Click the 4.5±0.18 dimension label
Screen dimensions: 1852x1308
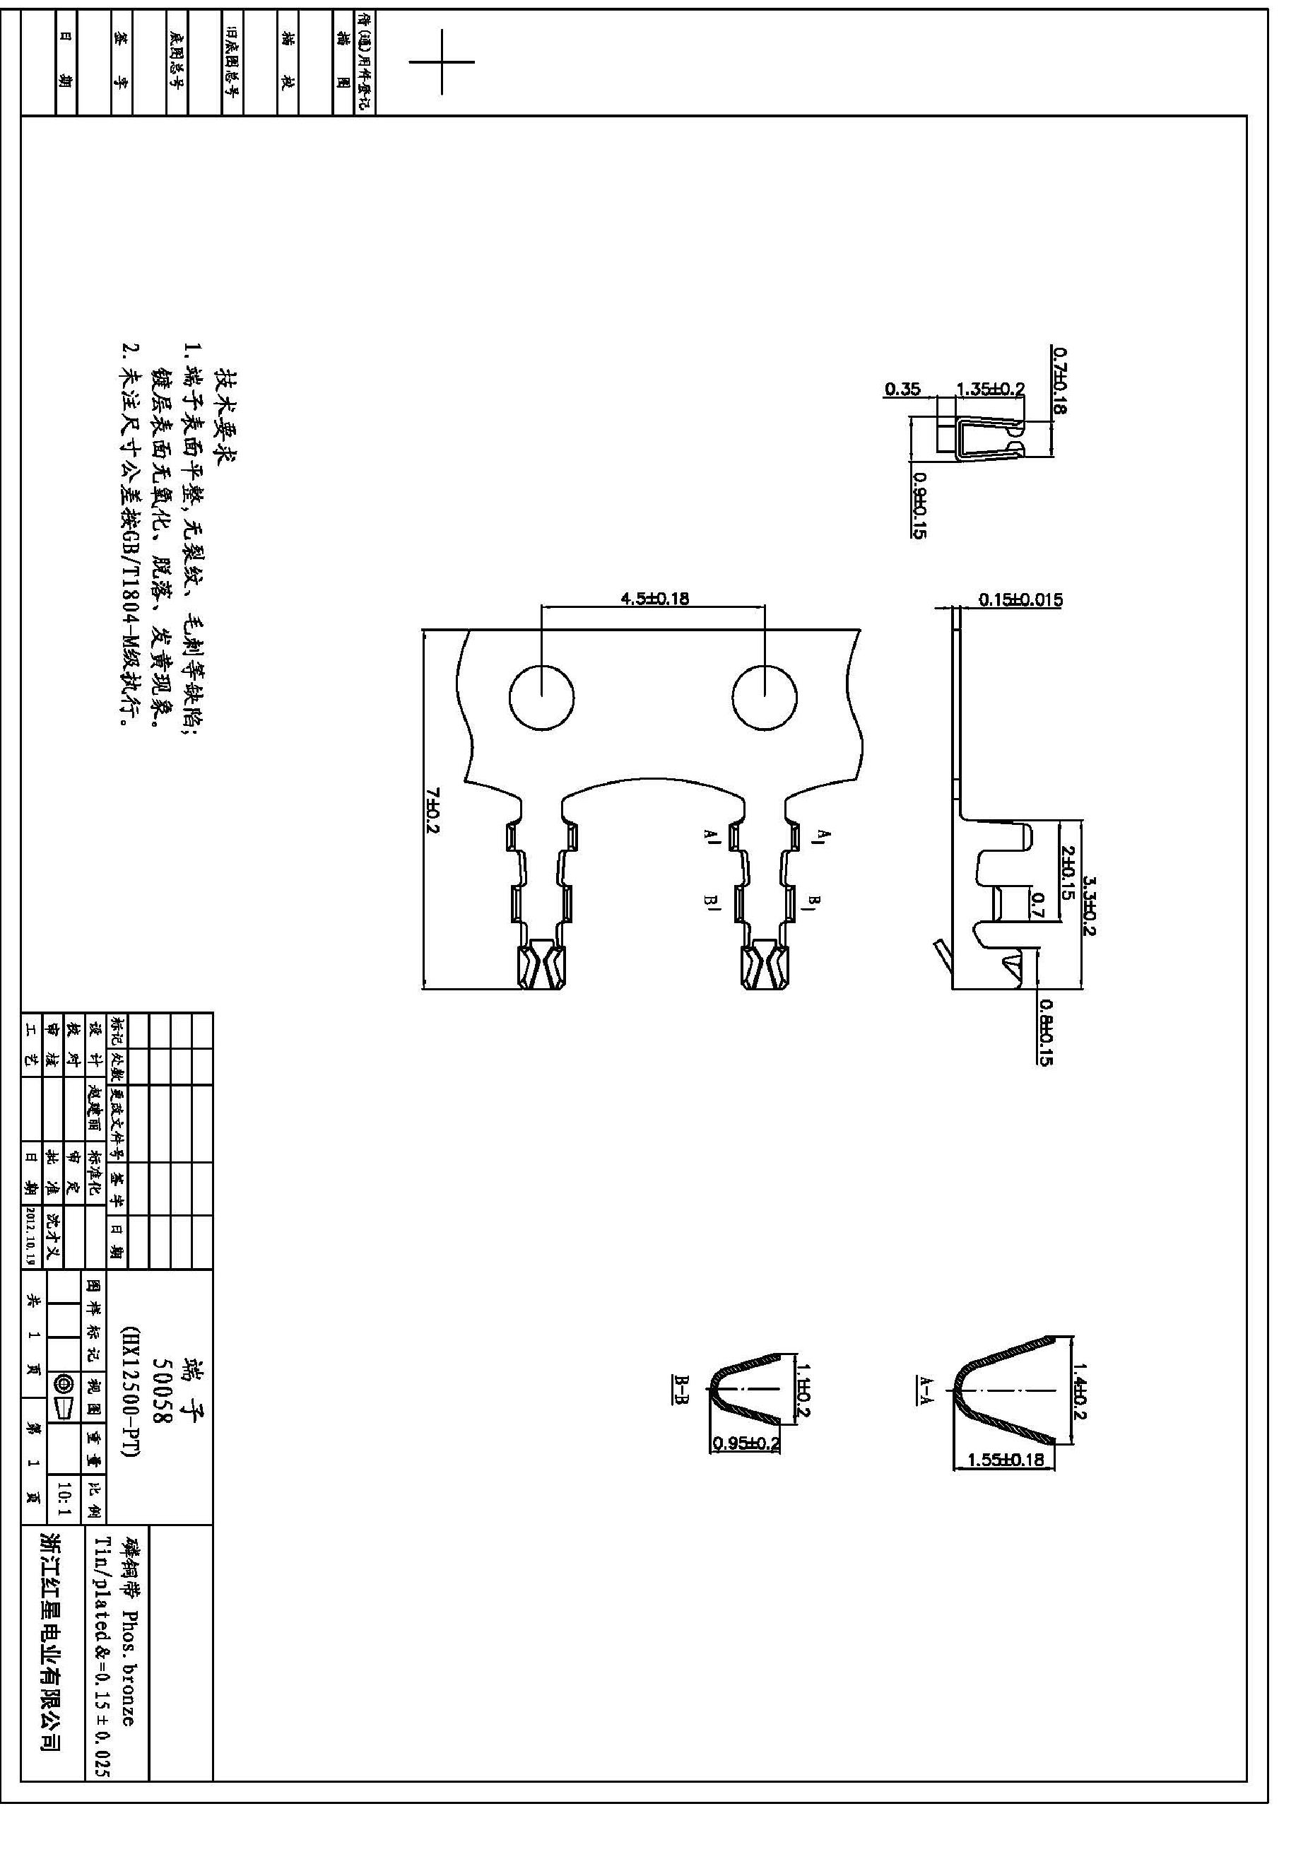tap(654, 599)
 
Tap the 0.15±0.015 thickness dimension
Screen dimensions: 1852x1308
tap(1020, 600)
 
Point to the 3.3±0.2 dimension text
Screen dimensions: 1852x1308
tap(1089, 907)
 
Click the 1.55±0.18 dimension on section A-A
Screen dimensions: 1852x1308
tap(1006, 1459)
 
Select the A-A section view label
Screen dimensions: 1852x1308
tap(924, 1390)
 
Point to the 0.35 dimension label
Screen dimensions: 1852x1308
tap(902, 389)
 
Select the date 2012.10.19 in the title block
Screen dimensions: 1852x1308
tap(33, 1237)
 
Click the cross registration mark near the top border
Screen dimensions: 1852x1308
tap(442, 61)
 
